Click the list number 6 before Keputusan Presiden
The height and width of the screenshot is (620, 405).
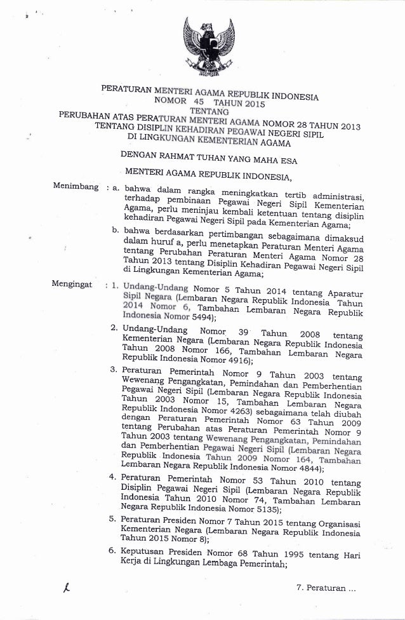[x=112, y=551]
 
